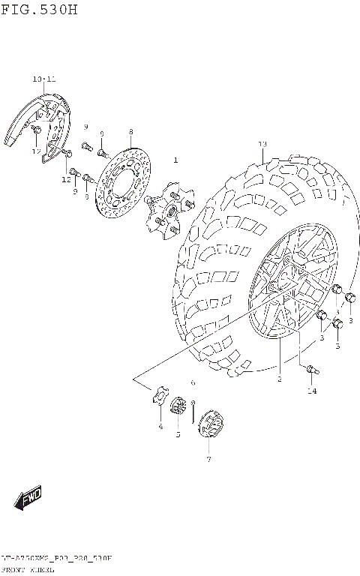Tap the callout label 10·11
click(43, 79)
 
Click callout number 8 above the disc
click(130, 131)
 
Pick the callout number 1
click(176, 160)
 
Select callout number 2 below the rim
click(279, 379)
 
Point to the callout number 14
click(312, 391)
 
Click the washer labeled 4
click(160, 398)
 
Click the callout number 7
click(208, 459)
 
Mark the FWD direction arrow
click(28, 497)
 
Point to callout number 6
click(193, 382)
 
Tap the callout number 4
click(160, 427)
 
